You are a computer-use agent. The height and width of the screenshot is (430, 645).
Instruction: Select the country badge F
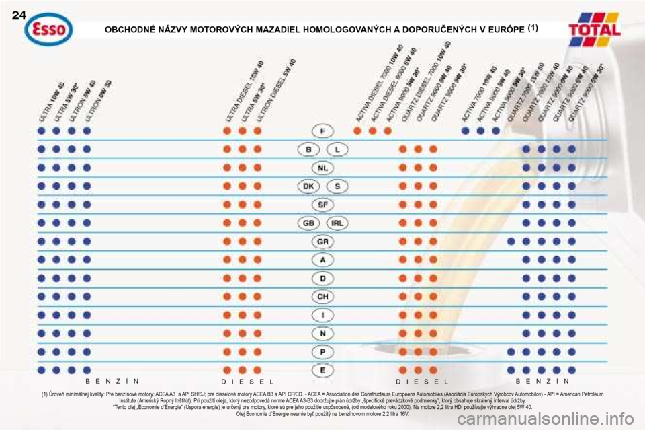[323, 131]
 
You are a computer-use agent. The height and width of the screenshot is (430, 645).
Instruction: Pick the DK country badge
[309, 186]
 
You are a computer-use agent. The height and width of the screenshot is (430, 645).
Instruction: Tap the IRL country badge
[338, 222]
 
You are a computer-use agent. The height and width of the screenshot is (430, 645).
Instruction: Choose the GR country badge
[323, 240]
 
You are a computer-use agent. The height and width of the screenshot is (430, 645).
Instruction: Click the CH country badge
[323, 295]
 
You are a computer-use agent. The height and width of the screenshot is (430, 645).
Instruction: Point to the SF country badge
[323, 204]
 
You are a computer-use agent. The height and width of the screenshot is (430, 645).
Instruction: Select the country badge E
[323, 369]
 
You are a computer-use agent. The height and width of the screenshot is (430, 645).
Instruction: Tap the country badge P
[323, 351]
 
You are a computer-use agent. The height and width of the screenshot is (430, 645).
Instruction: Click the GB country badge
[309, 222]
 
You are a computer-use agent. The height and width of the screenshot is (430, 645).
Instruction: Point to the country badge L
[338, 149]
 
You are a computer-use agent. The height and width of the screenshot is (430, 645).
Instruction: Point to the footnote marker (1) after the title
[531, 28]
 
